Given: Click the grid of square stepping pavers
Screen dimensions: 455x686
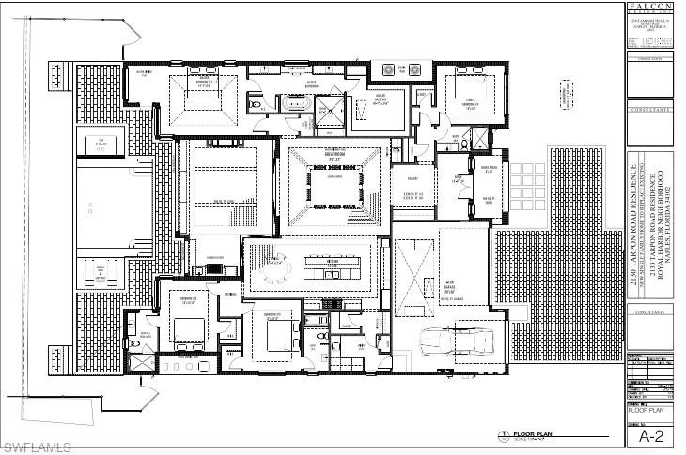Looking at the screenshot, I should [524, 177].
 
